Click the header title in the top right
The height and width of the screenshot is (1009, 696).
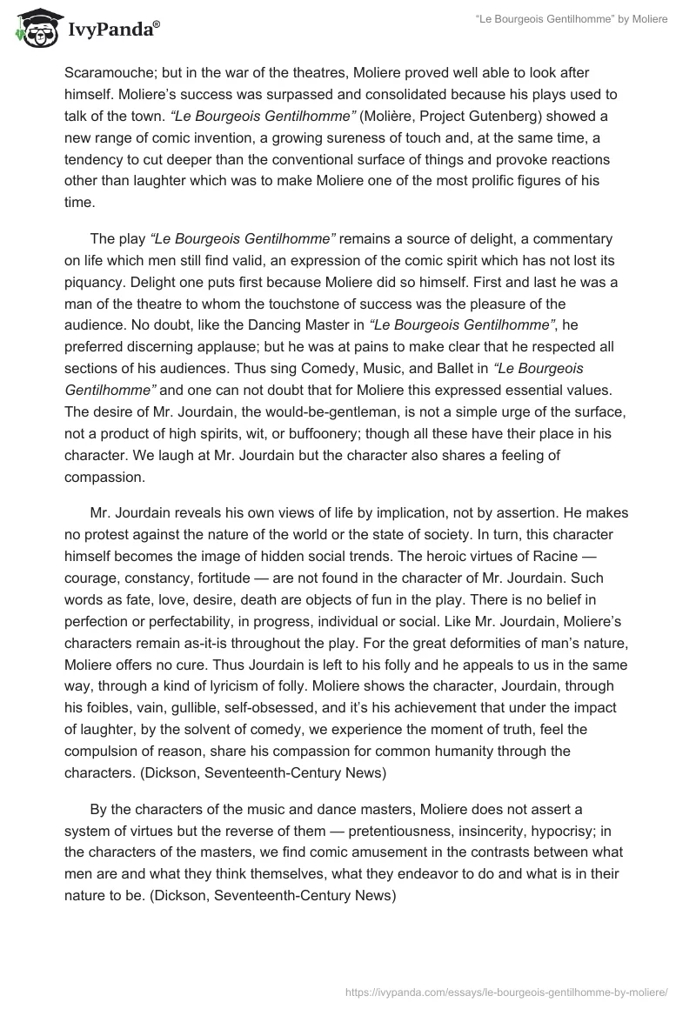point(585,19)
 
